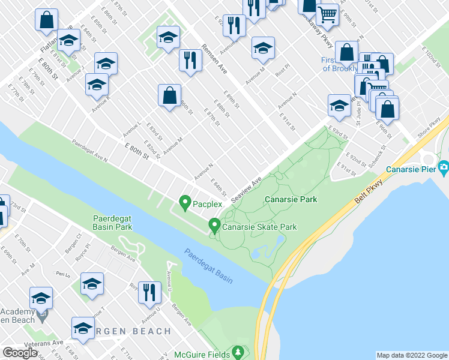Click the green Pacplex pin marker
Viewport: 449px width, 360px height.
185,203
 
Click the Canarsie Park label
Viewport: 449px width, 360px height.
290,199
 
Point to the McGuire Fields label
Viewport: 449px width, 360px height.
203,355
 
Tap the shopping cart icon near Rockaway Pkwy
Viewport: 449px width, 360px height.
327,14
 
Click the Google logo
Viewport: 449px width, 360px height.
20,353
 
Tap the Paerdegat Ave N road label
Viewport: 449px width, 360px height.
89,152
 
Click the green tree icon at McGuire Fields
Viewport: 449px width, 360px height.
239,350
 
